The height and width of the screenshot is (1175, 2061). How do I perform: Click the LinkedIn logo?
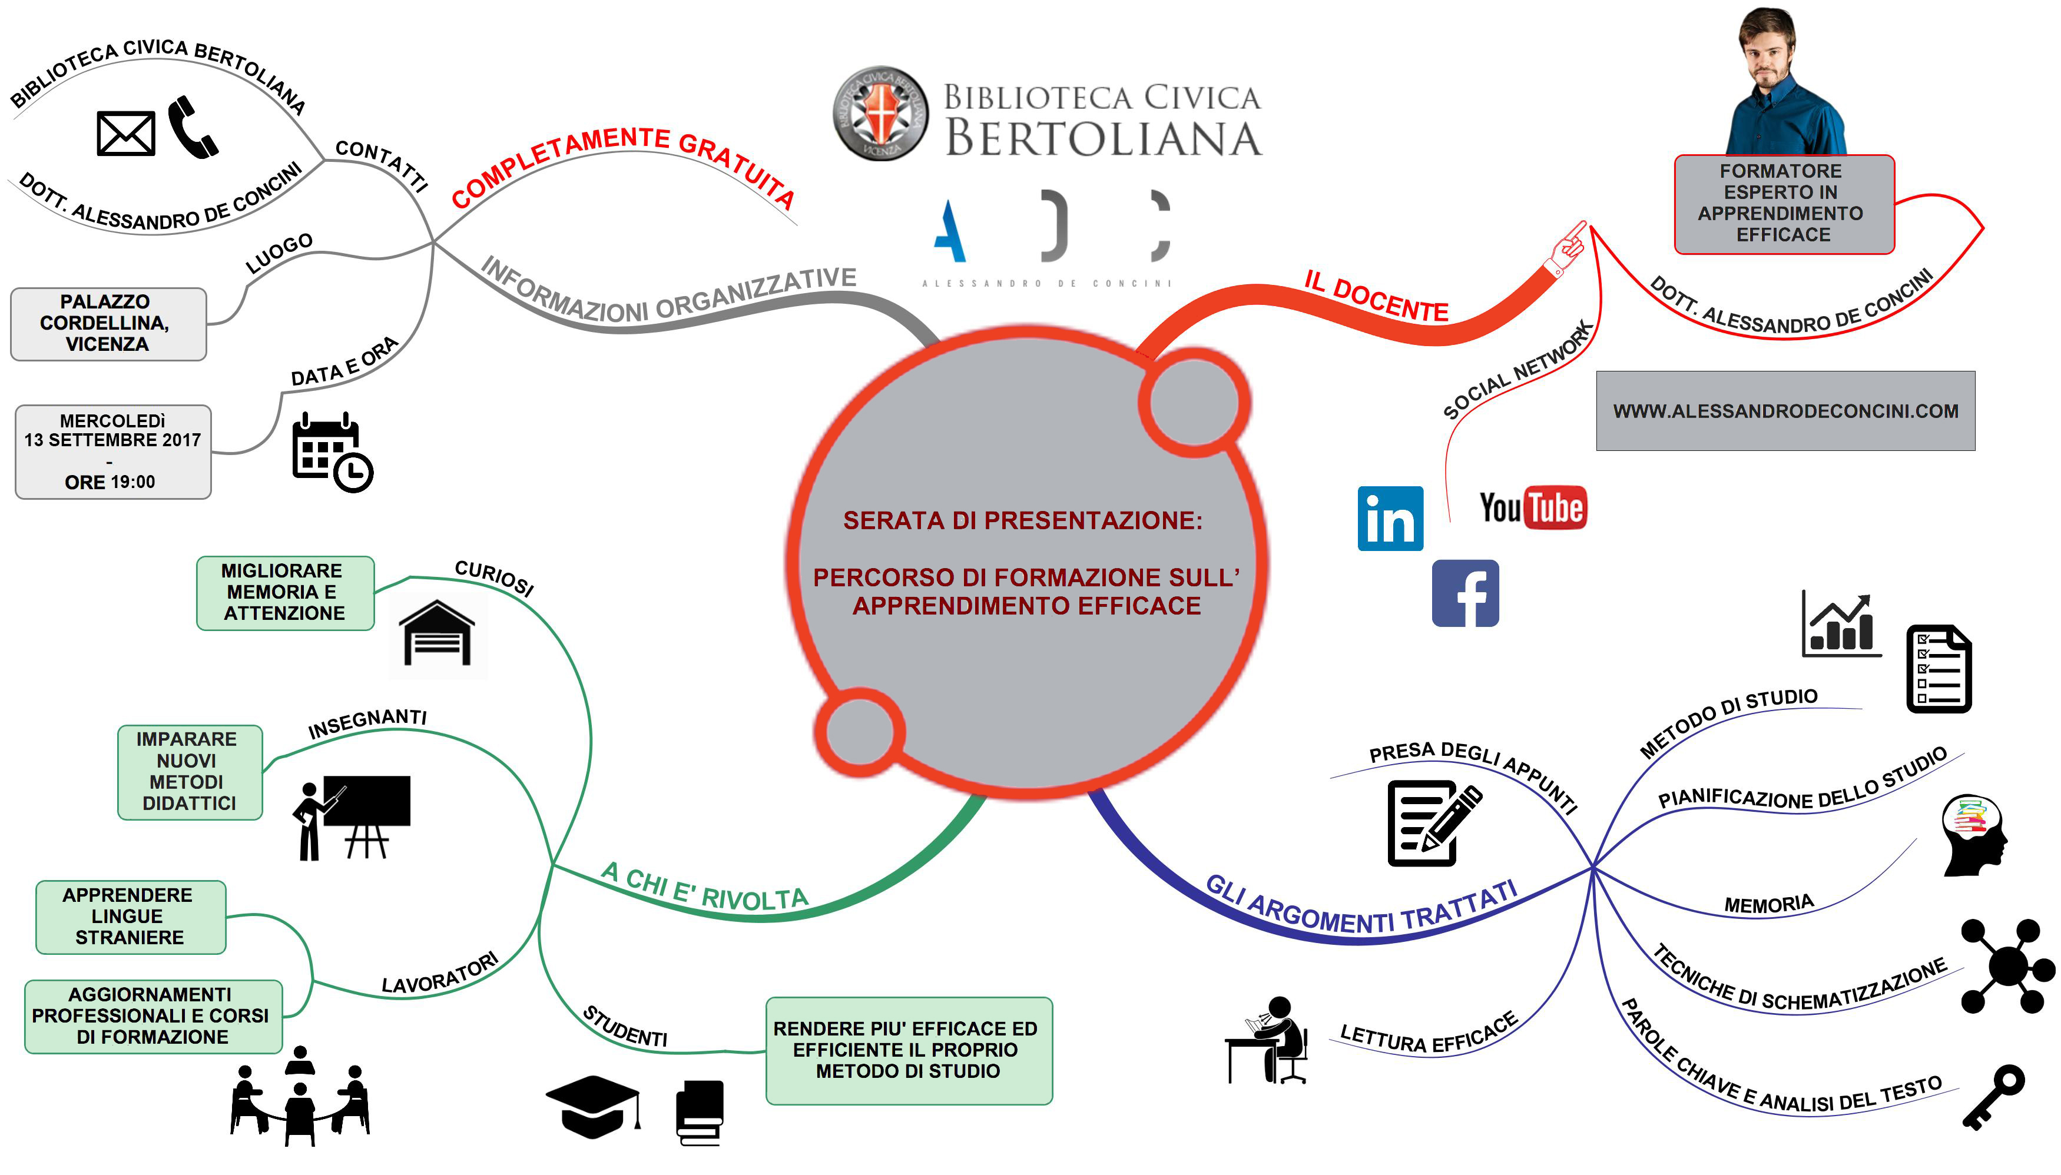tap(1389, 519)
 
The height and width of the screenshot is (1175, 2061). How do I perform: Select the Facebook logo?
tap(1464, 593)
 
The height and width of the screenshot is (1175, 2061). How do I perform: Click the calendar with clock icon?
tap(332, 452)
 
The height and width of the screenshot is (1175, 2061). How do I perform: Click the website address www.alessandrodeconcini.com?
tap(1785, 411)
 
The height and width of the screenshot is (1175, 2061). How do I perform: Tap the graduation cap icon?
tap(594, 1106)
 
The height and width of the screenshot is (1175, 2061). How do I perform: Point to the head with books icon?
tap(1973, 835)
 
